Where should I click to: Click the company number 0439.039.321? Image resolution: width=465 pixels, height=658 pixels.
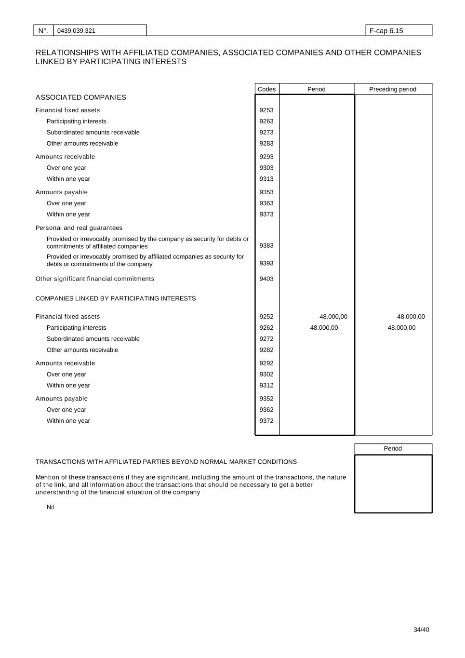pos(76,31)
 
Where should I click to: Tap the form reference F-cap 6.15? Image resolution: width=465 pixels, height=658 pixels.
pos(386,31)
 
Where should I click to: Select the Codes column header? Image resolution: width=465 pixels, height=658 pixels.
pos(266,89)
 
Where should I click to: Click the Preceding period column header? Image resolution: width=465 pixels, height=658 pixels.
pos(393,89)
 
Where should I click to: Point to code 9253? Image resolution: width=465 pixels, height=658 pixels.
pos(266,110)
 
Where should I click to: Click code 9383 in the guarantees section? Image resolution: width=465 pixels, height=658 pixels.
pos(266,246)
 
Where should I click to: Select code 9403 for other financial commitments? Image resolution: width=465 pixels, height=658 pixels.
pos(266,279)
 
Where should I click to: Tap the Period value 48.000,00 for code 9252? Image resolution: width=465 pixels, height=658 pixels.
pos(333,317)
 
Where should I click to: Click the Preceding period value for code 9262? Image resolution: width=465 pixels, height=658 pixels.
pos(401,328)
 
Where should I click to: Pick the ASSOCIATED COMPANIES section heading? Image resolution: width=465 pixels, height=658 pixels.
pos(80,97)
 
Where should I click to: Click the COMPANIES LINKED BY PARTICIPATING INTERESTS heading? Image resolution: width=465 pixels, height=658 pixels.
pos(116,298)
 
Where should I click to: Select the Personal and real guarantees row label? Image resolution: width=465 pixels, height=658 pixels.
pos(79,228)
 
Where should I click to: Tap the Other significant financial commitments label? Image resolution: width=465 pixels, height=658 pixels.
pos(95,279)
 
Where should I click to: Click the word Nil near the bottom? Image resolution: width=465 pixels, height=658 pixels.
pos(50,507)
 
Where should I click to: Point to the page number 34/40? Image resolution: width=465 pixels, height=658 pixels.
pos(421,630)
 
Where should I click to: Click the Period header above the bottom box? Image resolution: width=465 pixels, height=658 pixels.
pos(393,449)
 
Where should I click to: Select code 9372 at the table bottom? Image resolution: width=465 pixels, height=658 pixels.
pos(266,421)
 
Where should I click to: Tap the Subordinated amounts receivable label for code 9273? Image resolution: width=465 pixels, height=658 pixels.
pos(93,133)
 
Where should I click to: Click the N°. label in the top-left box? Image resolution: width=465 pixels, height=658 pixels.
pos(43,31)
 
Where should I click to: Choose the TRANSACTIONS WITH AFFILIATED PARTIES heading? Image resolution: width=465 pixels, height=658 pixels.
pos(166,462)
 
